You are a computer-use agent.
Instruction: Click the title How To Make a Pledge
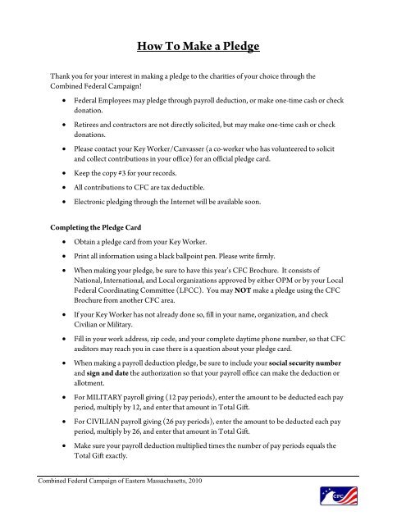click(x=203, y=46)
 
